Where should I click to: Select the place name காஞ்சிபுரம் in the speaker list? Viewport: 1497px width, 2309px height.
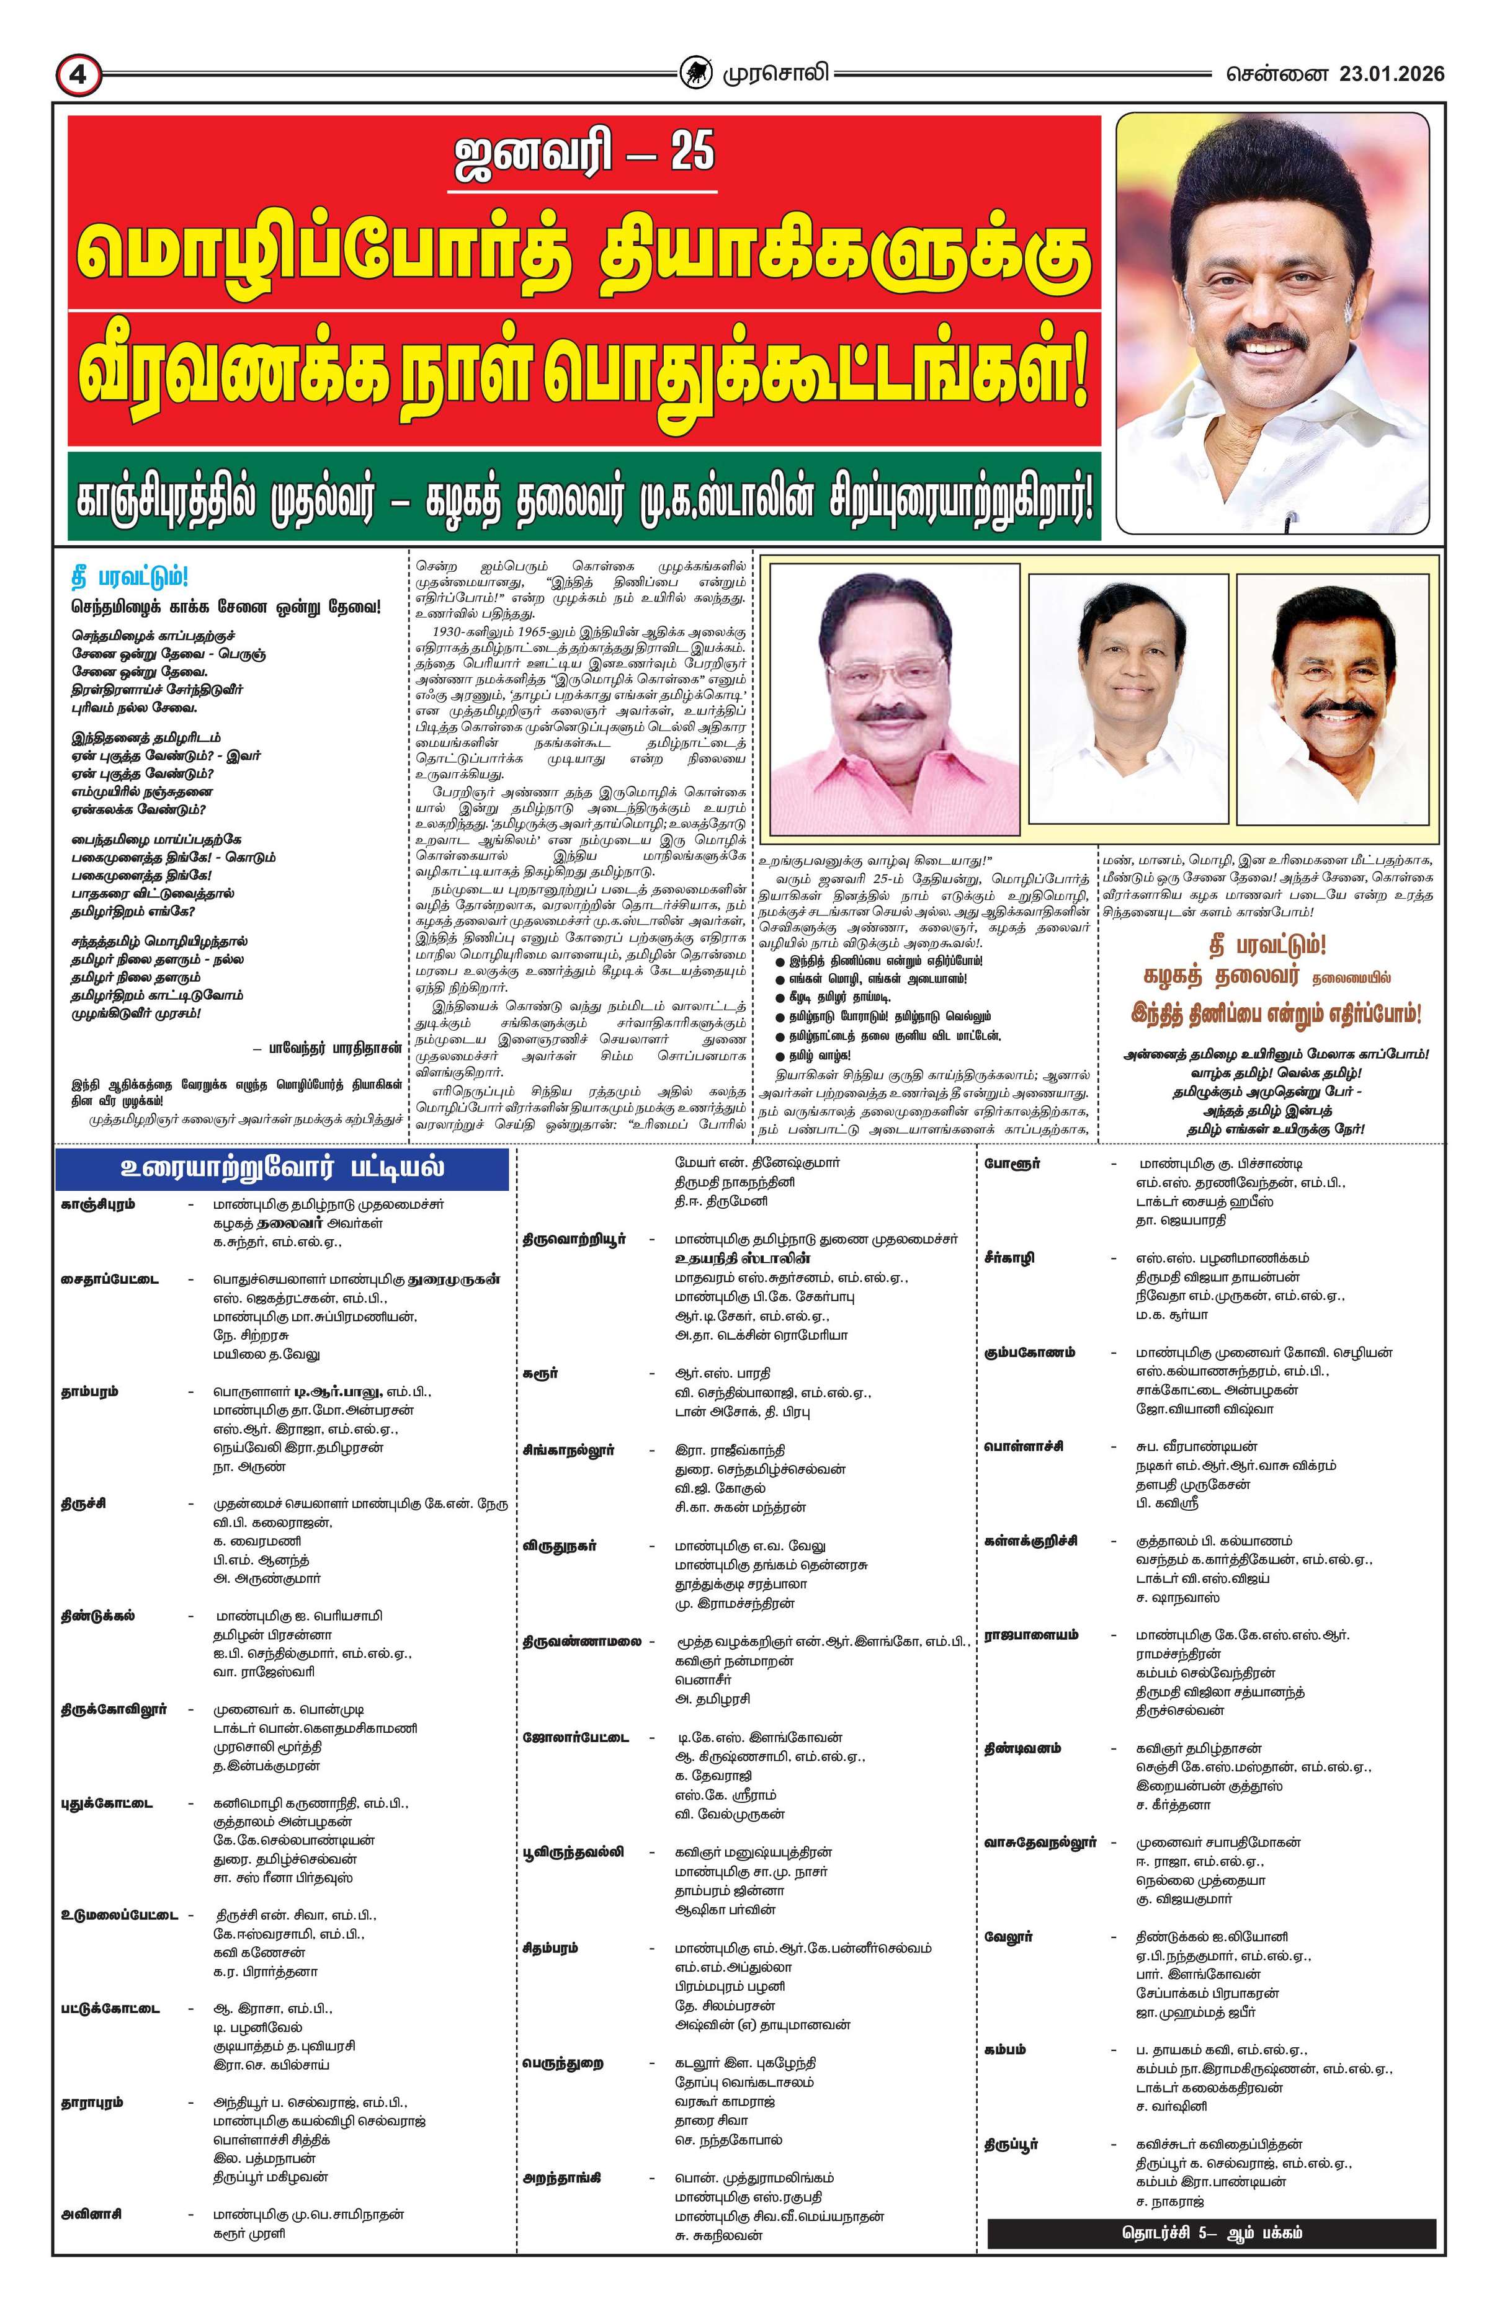pyautogui.click(x=97, y=1204)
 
